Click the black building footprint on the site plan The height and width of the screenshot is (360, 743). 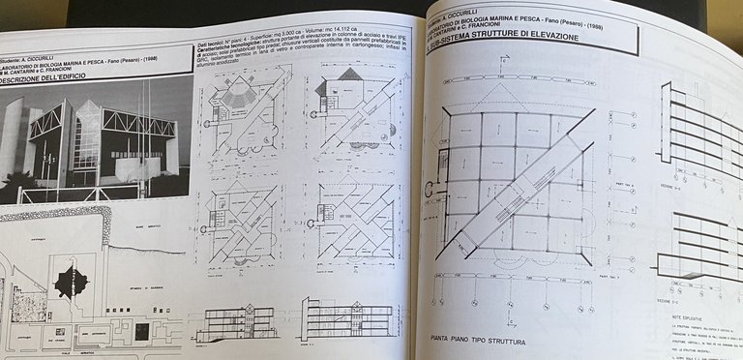71,282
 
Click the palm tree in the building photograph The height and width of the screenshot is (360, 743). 20,185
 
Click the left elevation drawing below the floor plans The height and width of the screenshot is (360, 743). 236,322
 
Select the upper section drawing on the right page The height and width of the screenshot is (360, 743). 697,126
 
